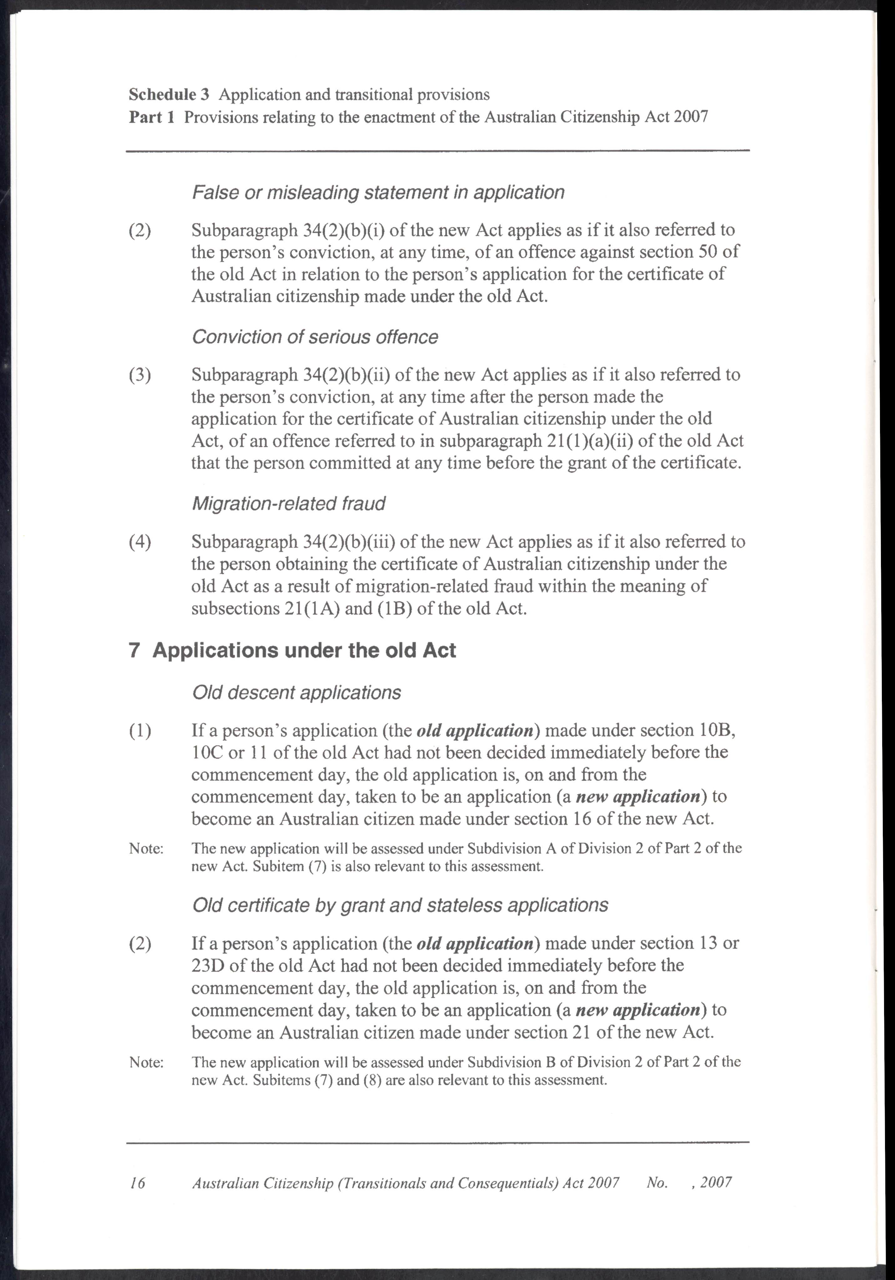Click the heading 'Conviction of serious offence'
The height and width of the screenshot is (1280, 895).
point(315,337)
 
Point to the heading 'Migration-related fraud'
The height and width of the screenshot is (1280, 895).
point(288,503)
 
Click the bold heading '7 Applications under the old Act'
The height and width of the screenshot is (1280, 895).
point(292,650)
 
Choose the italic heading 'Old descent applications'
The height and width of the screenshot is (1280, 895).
point(296,693)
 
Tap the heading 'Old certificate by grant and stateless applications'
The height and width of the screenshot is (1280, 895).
point(400,905)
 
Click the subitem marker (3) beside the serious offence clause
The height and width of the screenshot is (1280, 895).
point(140,375)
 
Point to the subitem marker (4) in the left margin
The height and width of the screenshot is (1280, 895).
point(140,542)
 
